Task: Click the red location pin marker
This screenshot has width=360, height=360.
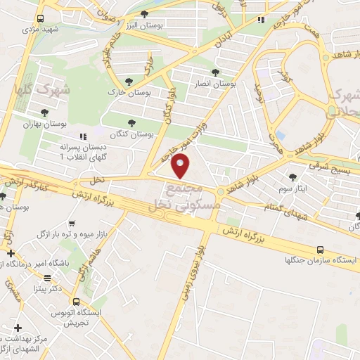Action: [x=181, y=166]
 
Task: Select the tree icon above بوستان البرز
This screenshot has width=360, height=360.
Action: [x=145, y=14]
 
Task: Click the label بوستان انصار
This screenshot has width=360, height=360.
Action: [x=216, y=83]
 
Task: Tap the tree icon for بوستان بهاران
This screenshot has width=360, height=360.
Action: [x=44, y=112]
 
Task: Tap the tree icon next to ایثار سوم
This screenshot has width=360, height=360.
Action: [x=293, y=176]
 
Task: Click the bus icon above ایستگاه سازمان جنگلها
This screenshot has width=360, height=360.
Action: [x=321, y=250]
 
